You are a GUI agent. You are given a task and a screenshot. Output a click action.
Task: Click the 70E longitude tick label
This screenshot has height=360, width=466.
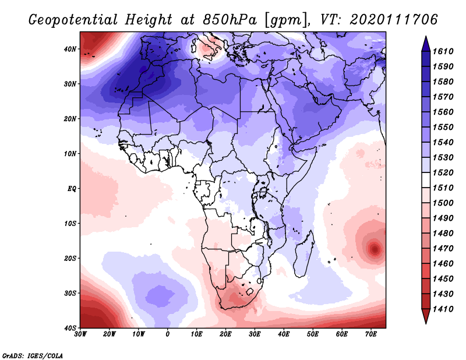click(371, 334)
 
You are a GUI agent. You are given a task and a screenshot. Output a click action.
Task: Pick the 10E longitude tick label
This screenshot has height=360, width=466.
click(197, 334)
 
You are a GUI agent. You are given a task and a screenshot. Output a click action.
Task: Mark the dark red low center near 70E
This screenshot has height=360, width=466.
click(374, 249)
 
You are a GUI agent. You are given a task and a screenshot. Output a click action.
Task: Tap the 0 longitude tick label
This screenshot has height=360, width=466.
click(168, 334)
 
